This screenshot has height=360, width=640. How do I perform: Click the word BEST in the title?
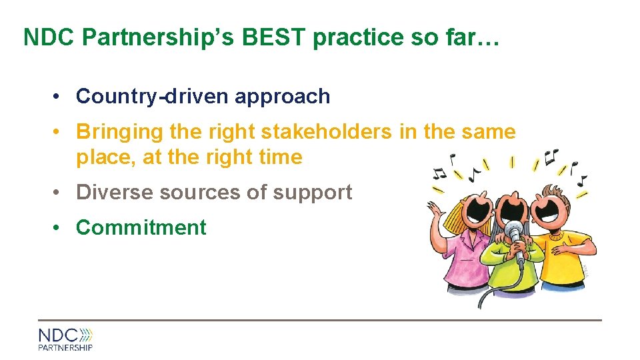[x=275, y=37]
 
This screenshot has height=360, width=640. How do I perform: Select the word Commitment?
[x=141, y=227]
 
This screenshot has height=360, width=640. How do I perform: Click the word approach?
[x=282, y=97]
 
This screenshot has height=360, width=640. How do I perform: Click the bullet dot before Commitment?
[x=60, y=227]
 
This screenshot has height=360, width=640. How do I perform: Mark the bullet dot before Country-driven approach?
[x=60, y=97]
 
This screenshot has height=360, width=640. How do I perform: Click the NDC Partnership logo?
[x=65, y=339]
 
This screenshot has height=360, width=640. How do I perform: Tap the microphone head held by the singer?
[x=514, y=231]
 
